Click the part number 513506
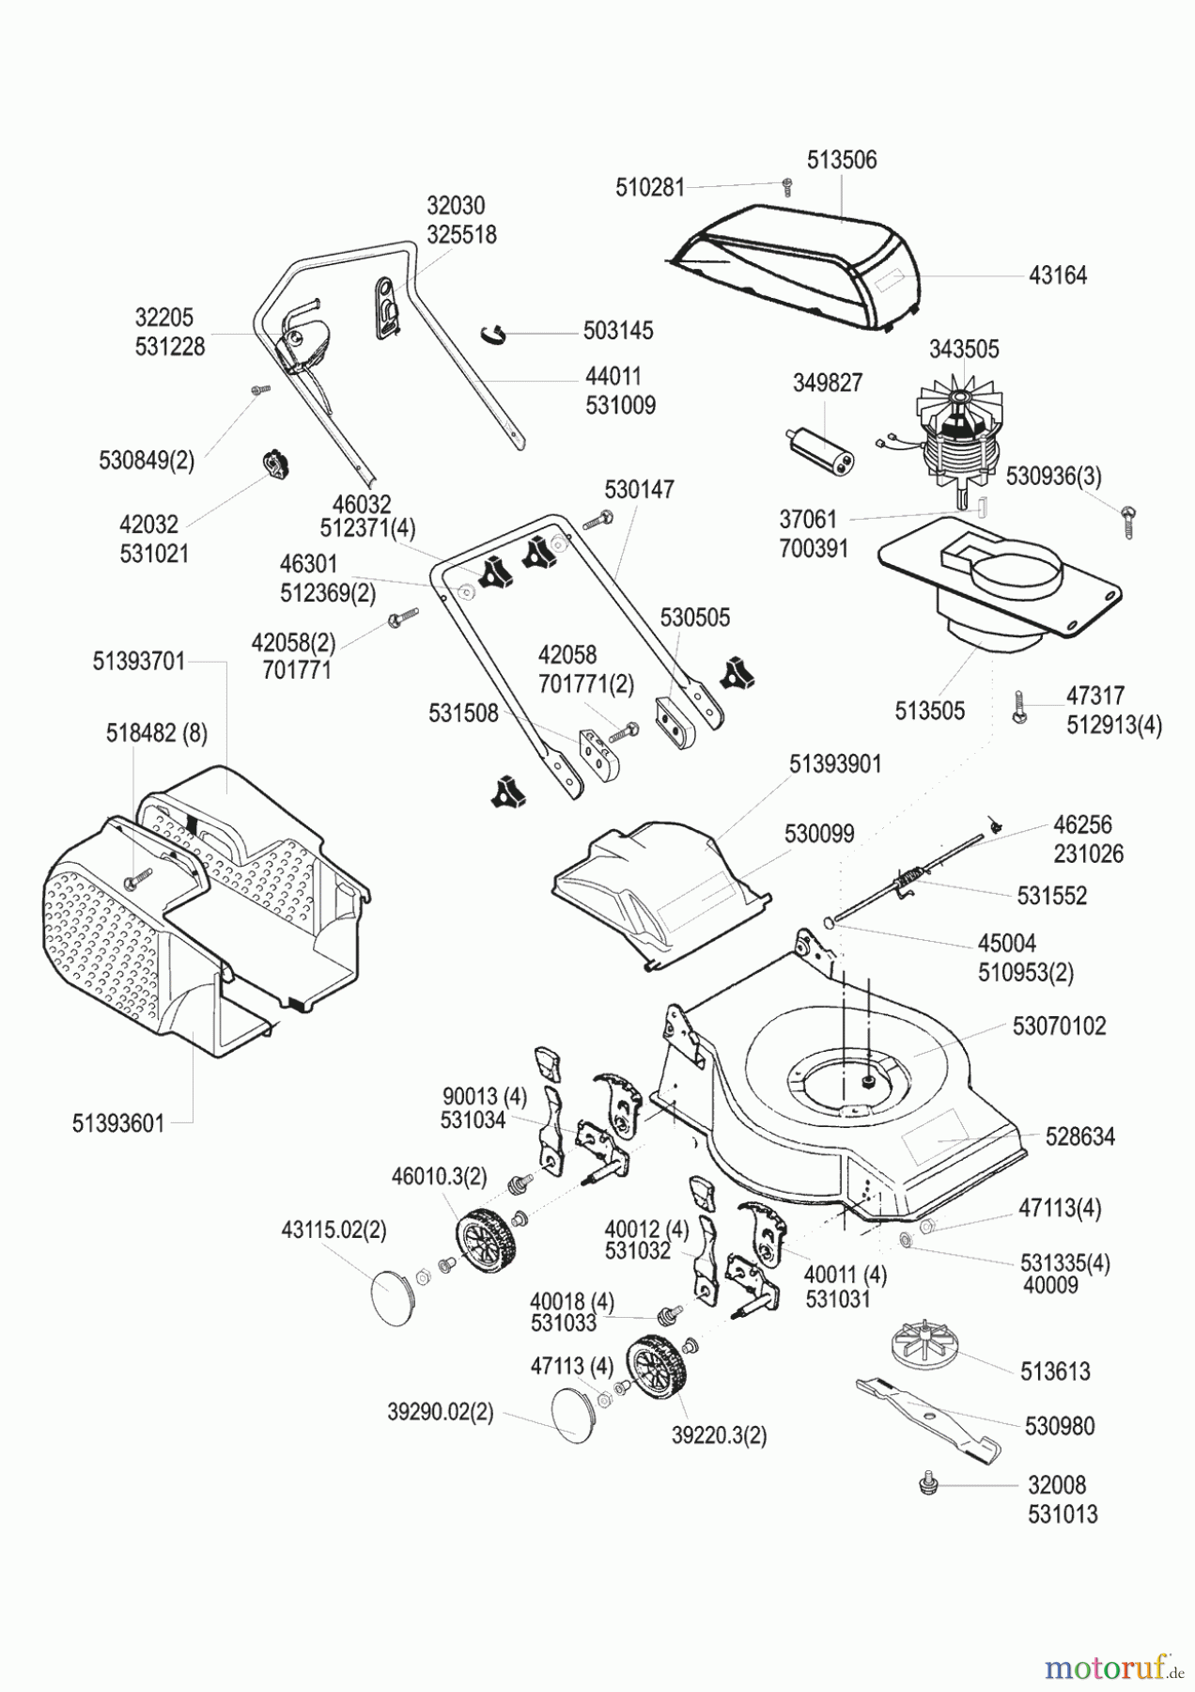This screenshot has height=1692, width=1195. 842,160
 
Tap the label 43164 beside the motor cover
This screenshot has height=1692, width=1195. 1057,275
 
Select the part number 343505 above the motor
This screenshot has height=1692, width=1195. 963,350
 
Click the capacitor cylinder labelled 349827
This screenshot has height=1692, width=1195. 815,449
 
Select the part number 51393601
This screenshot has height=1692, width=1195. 117,1123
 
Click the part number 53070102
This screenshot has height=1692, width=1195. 1059,1026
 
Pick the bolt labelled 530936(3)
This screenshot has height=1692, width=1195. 1128,519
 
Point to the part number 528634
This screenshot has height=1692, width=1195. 1079,1136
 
